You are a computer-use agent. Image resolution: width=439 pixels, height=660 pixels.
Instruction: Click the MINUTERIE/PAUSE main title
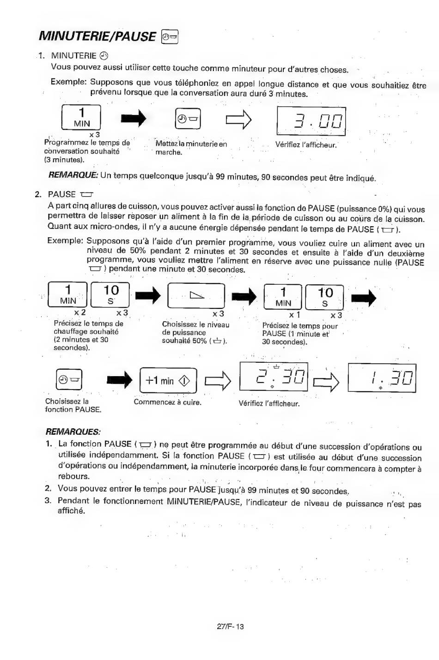coord(97,36)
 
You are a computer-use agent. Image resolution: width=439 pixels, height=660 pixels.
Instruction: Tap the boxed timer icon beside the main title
coord(169,36)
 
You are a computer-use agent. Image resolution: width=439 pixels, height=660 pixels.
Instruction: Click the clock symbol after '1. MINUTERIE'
coord(104,55)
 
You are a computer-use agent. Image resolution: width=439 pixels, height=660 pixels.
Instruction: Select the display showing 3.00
coord(311,121)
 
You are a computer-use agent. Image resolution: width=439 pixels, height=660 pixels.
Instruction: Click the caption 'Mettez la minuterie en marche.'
coord(191,148)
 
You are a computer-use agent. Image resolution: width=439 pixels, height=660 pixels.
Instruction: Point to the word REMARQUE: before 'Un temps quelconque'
coord(73,175)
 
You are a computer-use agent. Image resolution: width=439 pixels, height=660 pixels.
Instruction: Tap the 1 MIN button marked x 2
coord(67,294)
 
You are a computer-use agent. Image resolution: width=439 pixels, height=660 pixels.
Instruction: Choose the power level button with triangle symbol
coord(196,295)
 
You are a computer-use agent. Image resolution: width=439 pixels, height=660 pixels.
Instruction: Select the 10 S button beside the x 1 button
coord(324,297)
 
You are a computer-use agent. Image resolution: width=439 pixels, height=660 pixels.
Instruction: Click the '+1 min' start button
coord(168,380)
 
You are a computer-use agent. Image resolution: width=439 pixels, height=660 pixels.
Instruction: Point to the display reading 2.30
coord(274,377)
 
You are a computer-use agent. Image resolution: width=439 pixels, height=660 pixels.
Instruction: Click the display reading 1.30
coord(382,378)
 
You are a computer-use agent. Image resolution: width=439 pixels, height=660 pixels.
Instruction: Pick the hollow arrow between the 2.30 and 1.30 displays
coord(326,383)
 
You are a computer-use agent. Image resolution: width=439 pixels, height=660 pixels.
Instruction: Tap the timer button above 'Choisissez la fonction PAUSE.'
coord(69,379)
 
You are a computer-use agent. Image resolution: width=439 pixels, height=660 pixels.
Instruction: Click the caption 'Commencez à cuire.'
coord(168,402)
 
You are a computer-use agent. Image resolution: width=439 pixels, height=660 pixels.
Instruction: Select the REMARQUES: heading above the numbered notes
coord(73,432)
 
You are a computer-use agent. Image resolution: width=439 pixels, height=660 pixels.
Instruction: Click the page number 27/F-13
coord(231,626)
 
